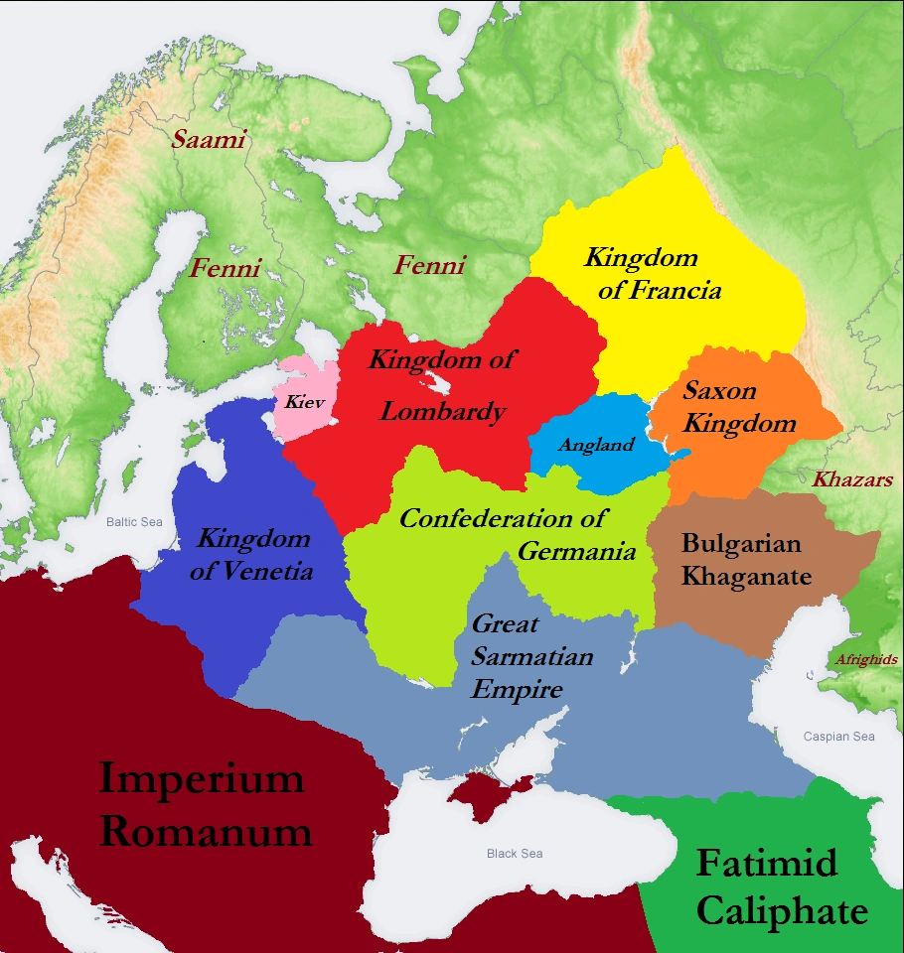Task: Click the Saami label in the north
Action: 209,139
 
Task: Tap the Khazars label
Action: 852,479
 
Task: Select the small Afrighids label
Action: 865,659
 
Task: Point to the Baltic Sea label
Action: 134,522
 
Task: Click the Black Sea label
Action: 515,854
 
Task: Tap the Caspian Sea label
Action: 838,737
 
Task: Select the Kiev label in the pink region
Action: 304,402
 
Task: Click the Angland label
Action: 595,445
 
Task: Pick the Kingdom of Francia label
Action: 652,274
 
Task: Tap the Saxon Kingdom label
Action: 739,407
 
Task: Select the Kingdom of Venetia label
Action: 254,555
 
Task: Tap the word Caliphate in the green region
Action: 782,911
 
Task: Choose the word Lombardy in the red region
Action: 443,411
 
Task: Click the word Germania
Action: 576,552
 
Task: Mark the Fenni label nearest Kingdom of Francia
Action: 429,265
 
